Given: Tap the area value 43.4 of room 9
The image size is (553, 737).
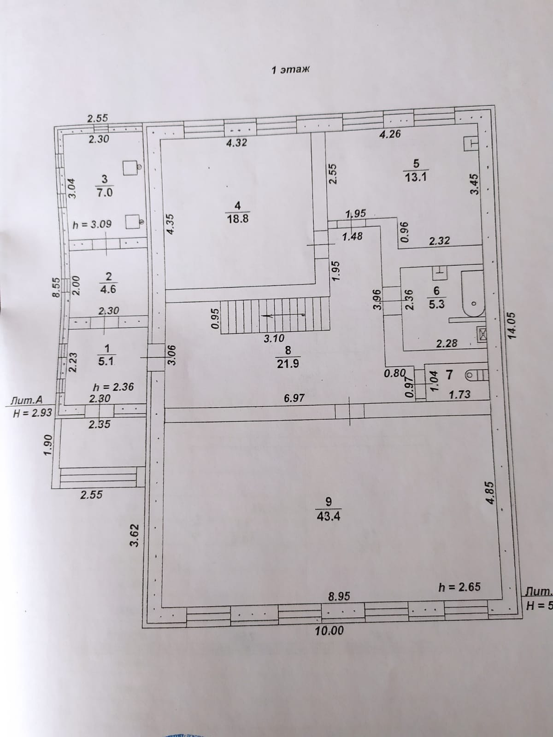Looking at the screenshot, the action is pos(329,516).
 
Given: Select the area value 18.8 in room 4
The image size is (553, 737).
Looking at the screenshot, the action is pos(238,219).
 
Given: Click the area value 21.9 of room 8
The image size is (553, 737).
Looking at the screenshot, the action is pos(288,363).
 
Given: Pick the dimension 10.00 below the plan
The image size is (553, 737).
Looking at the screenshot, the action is pos(329,630).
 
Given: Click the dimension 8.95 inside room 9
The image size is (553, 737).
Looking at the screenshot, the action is pos(339,596).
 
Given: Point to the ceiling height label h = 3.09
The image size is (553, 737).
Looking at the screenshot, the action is pos(93,225).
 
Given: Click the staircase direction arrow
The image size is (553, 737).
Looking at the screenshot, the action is pos(283,315).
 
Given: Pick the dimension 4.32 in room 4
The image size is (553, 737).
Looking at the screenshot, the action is pos(236,143).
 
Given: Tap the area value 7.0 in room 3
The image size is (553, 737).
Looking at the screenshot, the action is pos(104,193).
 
